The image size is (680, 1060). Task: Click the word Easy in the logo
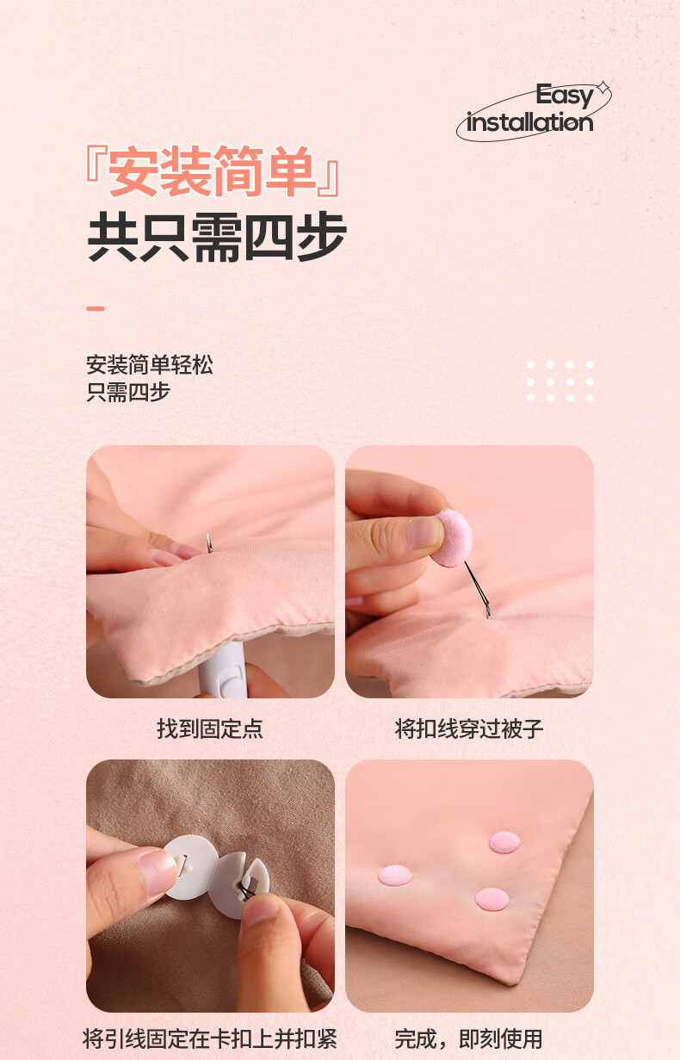pyautogui.click(x=564, y=96)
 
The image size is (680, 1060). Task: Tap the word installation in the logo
pyautogui.click(x=529, y=122)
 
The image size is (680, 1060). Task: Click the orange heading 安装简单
pyautogui.click(x=212, y=170)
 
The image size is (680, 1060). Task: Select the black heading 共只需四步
pyautogui.click(x=217, y=237)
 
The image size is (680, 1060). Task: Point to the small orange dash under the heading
pyautogui.click(x=96, y=308)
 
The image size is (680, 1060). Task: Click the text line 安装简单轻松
pyautogui.click(x=150, y=365)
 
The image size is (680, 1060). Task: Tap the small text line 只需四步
pyautogui.click(x=128, y=393)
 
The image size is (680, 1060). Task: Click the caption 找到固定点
pyautogui.click(x=209, y=728)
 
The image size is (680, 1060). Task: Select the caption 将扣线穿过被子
pyautogui.click(x=468, y=728)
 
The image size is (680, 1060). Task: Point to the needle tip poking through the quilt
pyautogui.click(x=208, y=542)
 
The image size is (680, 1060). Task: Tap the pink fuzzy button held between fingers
pyautogui.click(x=453, y=538)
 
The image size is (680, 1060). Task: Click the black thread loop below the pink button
pyautogui.click(x=477, y=590)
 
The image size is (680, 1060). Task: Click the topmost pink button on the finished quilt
pyautogui.click(x=504, y=843)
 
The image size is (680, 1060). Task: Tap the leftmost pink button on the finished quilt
pyautogui.click(x=395, y=876)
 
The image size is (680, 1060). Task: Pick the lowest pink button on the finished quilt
pyautogui.click(x=491, y=899)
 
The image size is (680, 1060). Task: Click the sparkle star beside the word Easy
pyautogui.click(x=603, y=88)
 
